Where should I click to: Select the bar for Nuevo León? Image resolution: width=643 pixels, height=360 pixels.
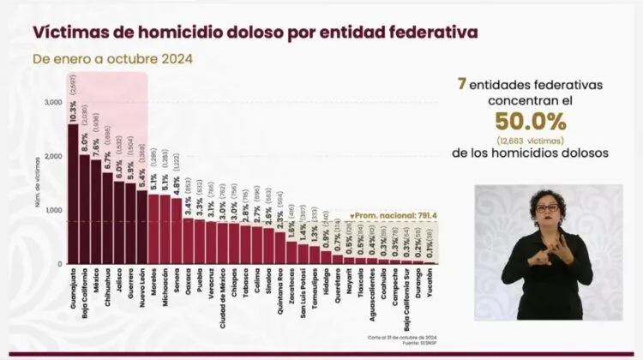click(x=142, y=227)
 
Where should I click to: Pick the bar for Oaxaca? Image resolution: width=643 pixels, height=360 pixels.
click(x=188, y=241)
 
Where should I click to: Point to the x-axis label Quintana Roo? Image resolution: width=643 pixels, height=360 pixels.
click(x=279, y=292)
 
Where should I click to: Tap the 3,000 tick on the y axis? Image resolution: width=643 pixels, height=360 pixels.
click(x=52, y=103)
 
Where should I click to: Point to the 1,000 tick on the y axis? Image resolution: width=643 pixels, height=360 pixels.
click(x=52, y=210)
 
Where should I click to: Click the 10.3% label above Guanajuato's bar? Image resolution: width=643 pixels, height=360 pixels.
click(x=73, y=109)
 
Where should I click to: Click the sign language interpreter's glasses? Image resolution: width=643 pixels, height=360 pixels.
click(x=545, y=208)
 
